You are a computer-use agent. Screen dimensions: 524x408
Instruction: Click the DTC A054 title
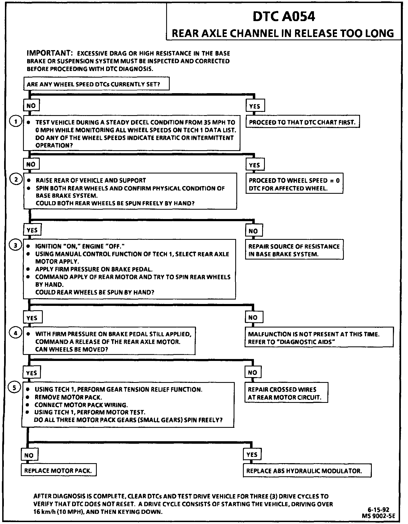[x=284, y=17]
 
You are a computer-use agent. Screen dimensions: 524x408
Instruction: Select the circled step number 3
[x=16, y=245]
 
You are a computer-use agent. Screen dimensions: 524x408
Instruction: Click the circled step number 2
[x=16, y=180]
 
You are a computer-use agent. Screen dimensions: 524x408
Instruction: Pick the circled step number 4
[x=15, y=333]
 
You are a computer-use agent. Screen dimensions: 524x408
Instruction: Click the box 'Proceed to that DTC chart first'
[x=302, y=122]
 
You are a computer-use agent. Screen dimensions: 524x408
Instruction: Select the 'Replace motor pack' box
[x=58, y=471]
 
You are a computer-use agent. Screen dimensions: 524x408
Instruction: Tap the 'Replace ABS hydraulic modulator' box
[x=307, y=471]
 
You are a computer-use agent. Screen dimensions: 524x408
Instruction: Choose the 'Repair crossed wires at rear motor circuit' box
[x=286, y=393]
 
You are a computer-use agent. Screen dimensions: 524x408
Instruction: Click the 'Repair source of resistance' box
[x=294, y=250]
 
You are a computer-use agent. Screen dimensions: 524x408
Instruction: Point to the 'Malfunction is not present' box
[x=319, y=338]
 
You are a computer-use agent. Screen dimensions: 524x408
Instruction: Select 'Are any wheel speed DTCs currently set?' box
[x=96, y=84]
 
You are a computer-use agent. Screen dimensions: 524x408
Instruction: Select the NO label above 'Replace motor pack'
[x=29, y=455]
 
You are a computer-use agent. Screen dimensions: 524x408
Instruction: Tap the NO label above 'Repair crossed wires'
[x=253, y=372]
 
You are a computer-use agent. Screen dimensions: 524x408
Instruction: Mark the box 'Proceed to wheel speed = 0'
[x=294, y=184]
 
